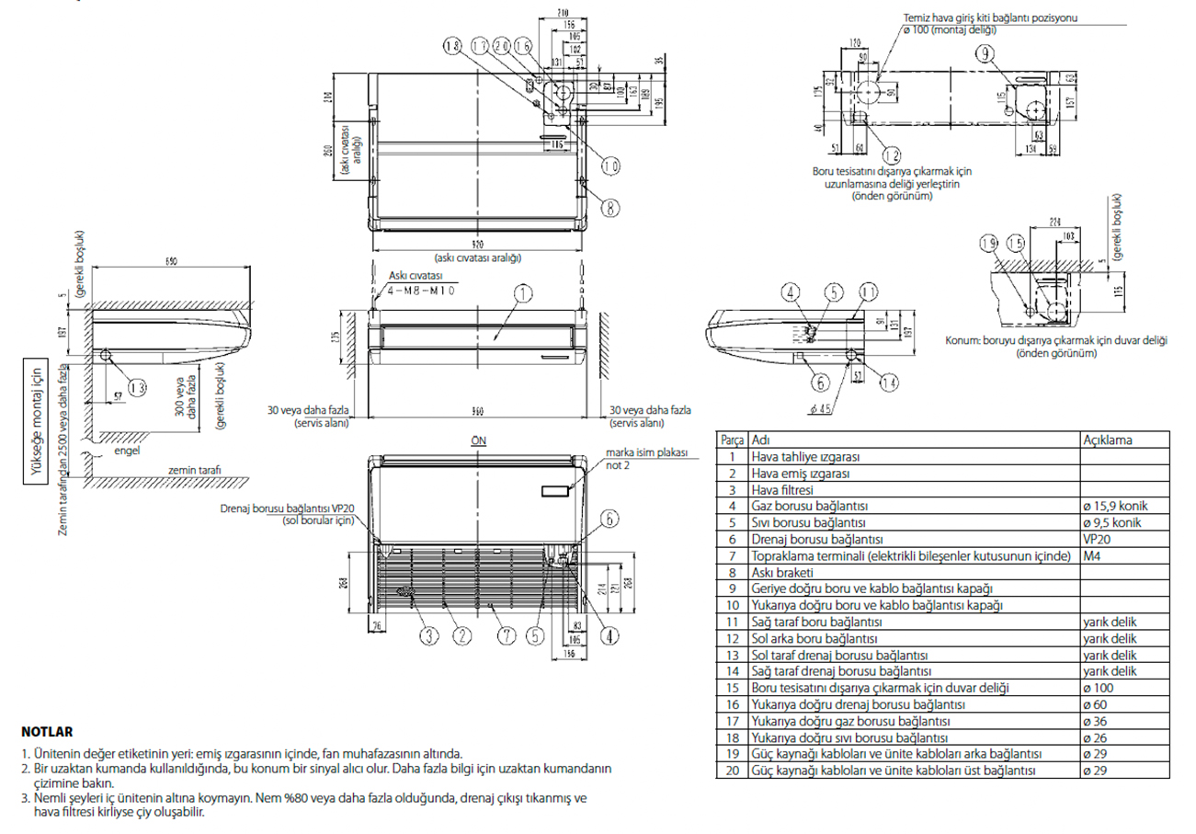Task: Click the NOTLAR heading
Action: (46, 733)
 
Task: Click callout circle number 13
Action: (136, 388)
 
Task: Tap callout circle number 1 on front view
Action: (521, 294)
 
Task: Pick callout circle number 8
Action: (609, 208)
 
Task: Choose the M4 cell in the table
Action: (1092, 555)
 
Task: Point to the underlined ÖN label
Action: (478, 440)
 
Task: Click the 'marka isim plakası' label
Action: (646, 453)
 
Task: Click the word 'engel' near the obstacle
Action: (126, 451)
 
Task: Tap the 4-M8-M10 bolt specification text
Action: (422, 290)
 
